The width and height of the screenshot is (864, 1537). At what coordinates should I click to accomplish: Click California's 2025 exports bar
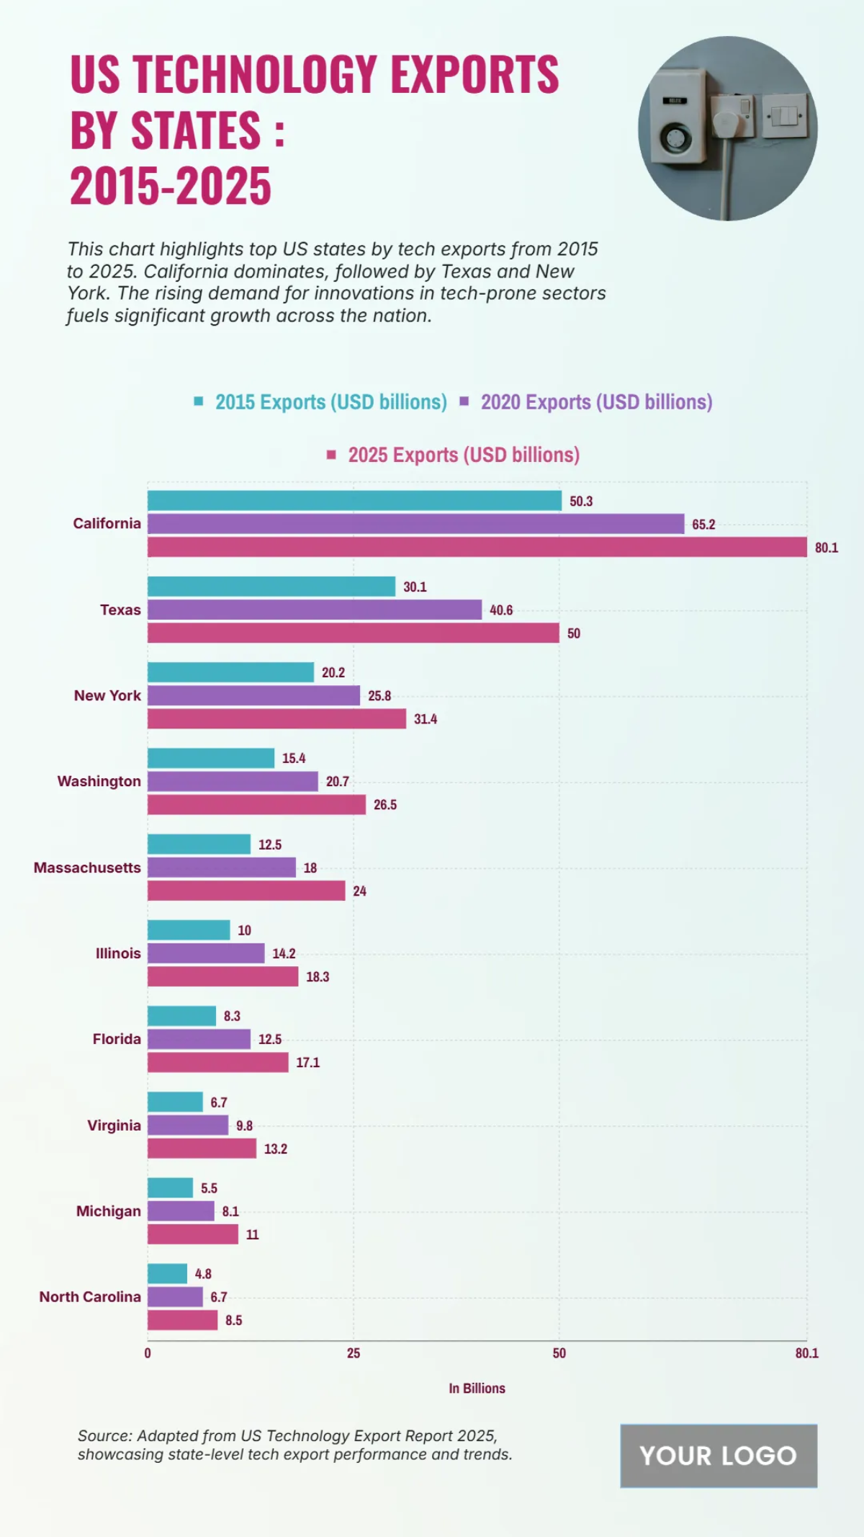coord(477,547)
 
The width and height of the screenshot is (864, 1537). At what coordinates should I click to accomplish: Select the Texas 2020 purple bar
coord(315,610)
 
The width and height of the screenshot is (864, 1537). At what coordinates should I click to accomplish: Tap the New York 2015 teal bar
coord(230,672)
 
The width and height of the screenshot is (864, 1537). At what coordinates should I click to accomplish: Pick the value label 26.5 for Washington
coord(384,805)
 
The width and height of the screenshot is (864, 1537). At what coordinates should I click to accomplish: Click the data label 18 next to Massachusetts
coord(310,868)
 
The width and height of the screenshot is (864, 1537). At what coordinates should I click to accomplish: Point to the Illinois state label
coord(118,953)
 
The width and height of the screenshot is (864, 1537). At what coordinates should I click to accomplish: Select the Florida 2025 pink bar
coord(217,1062)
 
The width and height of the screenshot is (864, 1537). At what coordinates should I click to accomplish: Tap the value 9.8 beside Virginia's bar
coord(244,1126)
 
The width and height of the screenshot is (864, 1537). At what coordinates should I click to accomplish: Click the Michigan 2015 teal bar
coord(170,1188)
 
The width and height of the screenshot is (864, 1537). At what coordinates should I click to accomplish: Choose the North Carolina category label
coord(90,1297)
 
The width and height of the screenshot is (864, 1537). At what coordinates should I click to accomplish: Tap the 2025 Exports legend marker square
coord(331,455)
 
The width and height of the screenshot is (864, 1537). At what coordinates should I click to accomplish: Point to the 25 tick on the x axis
coord(353,1353)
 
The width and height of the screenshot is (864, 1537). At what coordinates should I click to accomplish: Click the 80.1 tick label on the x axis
coord(806,1353)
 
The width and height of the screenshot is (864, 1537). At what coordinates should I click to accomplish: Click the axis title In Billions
coord(477,1389)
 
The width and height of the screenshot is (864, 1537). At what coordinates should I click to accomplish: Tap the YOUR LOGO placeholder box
coord(718,1456)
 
